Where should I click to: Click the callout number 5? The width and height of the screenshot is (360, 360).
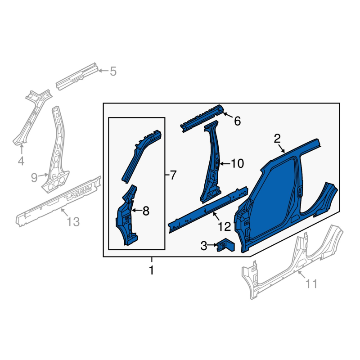click(113, 71)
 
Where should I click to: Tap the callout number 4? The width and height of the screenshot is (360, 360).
click(21, 161)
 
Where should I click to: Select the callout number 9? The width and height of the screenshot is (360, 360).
click(34, 177)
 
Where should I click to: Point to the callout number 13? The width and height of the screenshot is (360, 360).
click(73, 222)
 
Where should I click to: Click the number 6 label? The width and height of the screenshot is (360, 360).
click(238, 121)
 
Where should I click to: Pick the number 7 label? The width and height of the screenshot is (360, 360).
click(173, 175)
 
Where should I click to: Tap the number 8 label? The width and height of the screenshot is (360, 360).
click(146, 211)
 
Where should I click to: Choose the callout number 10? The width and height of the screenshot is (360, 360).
click(237, 164)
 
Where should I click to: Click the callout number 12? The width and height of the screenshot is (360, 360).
click(224, 227)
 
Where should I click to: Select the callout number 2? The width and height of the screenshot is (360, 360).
click(277, 139)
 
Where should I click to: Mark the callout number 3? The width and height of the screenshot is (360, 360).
click(204, 246)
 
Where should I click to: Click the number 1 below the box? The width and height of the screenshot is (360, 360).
click(152, 270)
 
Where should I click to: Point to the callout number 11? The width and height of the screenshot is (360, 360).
click(311, 283)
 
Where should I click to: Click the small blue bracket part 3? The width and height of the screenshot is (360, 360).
click(225, 245)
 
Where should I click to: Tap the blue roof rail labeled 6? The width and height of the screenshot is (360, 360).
click(202, 118)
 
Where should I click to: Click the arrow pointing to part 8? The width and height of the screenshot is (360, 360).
click(137, 210)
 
